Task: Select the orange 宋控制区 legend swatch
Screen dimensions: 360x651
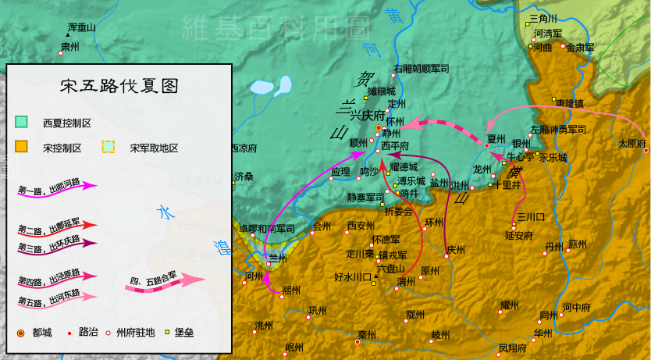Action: pyautogui.click(x=22, y=146)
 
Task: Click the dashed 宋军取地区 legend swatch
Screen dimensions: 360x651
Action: pyautogui.click(x=109, y=146)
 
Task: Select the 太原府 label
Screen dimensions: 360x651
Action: pyautogui.click(x=632, y=144)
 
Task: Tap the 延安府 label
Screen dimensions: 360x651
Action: pyautogui.click(x=518, y=234)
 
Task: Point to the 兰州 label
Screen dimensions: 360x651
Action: pyautogui.click(x=279, y=258)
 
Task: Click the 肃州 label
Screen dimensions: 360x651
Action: pyautogui.click(x=70, y=47)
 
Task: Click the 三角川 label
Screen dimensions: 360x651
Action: pyautogui.click(x=543, y=18)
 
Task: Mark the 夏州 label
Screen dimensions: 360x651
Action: pyautogui.click(x=496, y=138)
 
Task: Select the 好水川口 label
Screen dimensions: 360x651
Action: pyautogui.click(x=351, y=276)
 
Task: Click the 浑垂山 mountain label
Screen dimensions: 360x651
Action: pyautogui.click(x=81, y=27)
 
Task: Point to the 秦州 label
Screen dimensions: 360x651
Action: pyautogui.click(x=367, y=335)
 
